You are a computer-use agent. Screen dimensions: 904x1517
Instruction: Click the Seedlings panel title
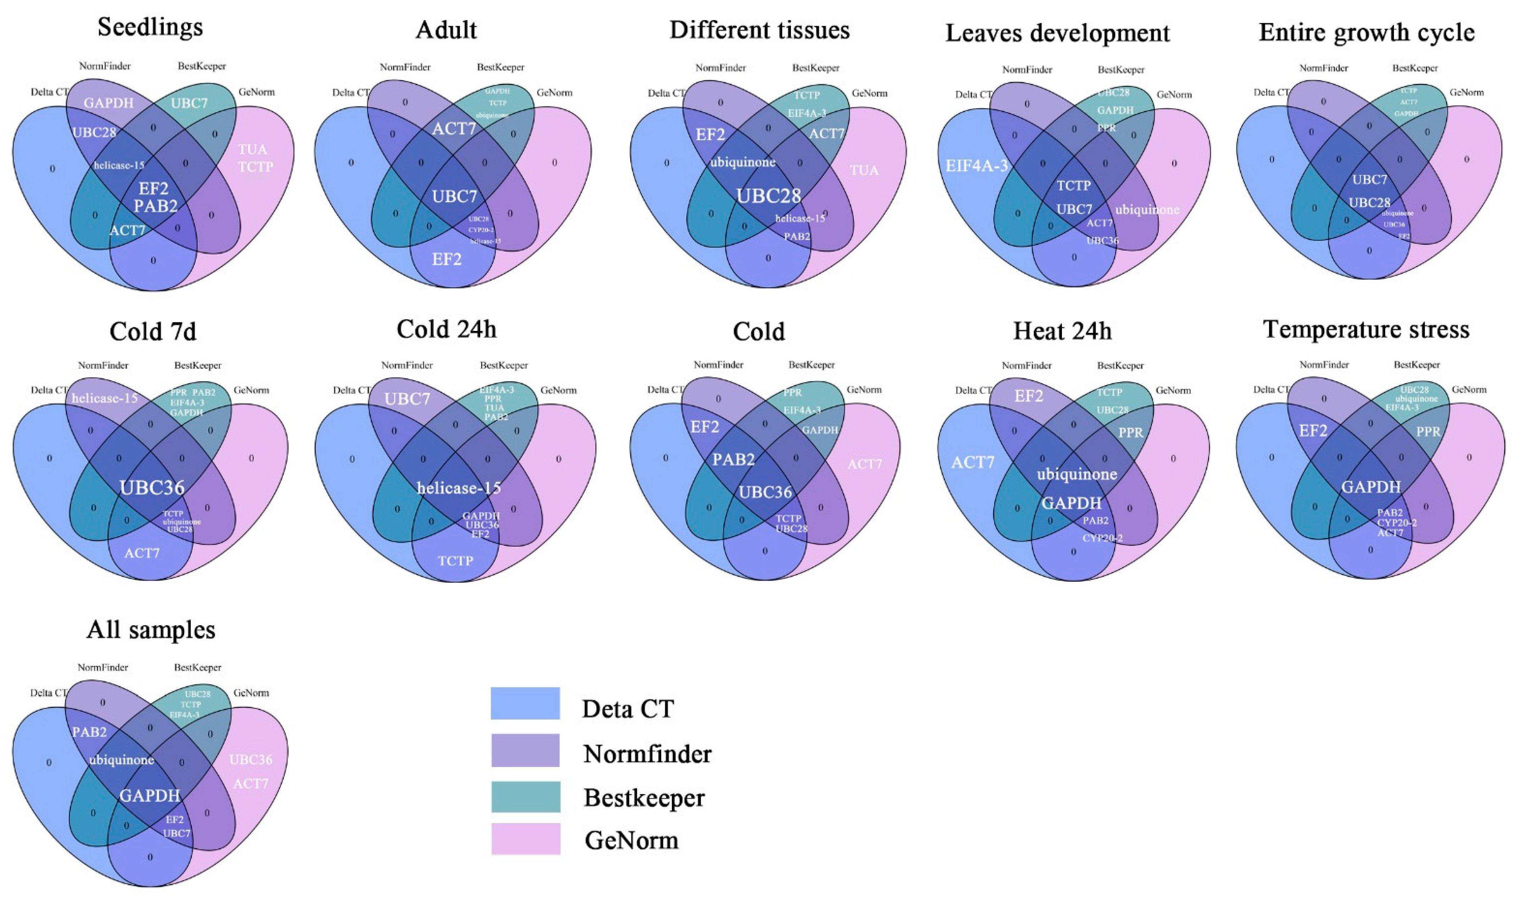point(150,27)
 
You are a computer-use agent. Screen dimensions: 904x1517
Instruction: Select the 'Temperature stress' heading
point(1367,329)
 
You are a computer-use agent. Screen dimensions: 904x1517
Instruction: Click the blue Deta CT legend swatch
point(525,704)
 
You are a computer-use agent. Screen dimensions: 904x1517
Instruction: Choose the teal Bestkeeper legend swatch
point(525,796)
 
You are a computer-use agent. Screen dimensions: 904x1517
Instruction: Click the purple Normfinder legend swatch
point(525,750)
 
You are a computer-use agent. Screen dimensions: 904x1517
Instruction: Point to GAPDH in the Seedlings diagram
point(109,102)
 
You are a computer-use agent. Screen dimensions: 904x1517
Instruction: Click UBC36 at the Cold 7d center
point(152,487)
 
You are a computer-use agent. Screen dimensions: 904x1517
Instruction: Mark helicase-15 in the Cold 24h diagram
point(459,488)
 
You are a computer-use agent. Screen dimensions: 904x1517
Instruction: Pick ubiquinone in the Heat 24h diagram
point(1076,474)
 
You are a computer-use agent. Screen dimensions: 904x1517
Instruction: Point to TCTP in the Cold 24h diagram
point(455,560)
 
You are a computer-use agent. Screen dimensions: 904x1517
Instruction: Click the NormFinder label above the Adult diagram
point(405,67)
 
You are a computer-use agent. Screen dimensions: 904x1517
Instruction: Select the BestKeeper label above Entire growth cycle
point(1414,68)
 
